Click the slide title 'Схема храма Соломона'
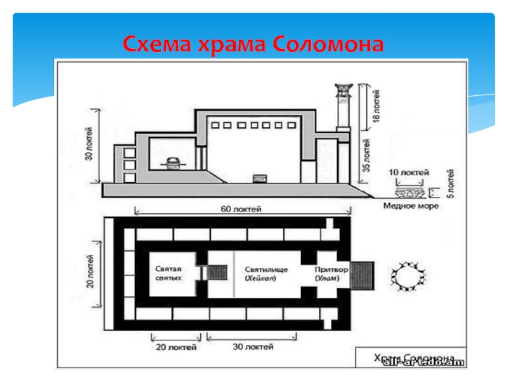coord(253,44)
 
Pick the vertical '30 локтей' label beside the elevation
coord(89,145)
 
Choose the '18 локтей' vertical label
coord(375,107)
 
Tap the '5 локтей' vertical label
coord(451,184)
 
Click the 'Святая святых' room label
coord(169,274)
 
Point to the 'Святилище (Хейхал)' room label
coord(266,274)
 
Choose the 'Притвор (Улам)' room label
coord(330,274)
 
